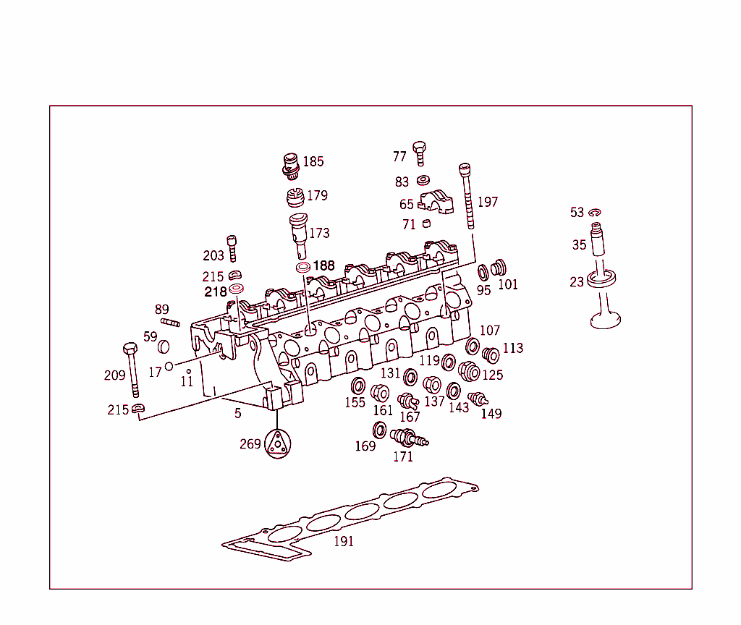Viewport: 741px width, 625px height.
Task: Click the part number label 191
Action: [x=344, y=541]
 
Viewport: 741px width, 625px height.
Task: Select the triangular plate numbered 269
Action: [x=276, y=443]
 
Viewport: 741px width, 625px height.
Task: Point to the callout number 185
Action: [x=313, y=161]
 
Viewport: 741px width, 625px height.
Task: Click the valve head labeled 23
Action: [x=604, y=316]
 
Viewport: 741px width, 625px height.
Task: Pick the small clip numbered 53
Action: [x=595, y=212]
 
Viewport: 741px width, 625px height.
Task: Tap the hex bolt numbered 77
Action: [x=419, y=153]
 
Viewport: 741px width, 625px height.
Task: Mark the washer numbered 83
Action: [x=423, y=181]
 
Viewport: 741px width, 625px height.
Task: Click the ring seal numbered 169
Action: [x=379, y=430]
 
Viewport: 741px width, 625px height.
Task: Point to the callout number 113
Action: [x=512, y=348]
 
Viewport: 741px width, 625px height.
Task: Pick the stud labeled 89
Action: [x=170, y=323]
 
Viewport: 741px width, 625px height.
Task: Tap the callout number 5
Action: [x=237, y=413]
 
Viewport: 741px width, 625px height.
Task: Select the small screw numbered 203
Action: [x=232, y=248]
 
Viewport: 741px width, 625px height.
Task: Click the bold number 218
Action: [x=216, y=292]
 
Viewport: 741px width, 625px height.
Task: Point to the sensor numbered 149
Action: [x=477, y=399]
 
